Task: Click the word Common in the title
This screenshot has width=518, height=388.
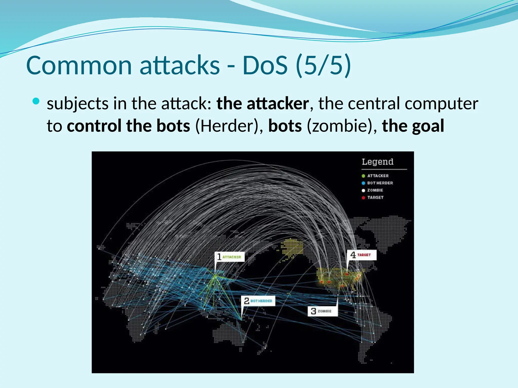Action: coord(79,66)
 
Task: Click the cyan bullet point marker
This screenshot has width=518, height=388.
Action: coord(36,102)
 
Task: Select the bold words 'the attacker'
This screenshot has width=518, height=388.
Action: coord(263,104)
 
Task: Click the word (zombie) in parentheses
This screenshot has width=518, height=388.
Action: coord(339,126)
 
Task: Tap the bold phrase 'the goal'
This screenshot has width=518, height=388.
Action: coord(413,126)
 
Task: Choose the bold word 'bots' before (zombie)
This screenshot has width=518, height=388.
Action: coord(285,126)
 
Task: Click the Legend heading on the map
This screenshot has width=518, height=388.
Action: coord(377,162)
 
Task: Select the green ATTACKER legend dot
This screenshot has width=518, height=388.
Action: coord(363,176)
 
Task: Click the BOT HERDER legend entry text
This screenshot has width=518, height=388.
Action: coord(380,183)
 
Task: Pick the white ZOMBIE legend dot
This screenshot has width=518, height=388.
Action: coord(363,190)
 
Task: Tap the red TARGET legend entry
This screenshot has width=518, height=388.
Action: coord(375,197)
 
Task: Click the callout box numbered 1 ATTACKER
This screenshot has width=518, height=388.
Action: coord(229,257)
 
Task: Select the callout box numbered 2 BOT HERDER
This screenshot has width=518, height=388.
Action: coord(258,301)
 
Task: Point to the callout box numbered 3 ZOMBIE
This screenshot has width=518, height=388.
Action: coord(322,311)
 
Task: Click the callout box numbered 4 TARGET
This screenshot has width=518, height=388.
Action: coord(361,255)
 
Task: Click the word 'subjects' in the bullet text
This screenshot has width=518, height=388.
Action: coord(78,104)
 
